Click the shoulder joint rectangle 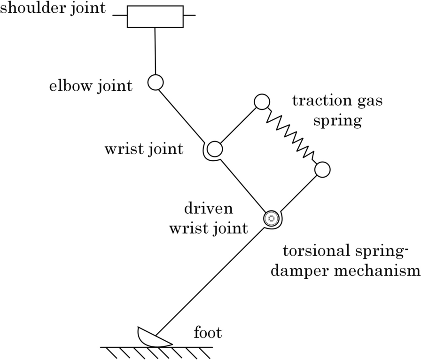[155, 16]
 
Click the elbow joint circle [155, 83]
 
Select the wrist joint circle [214, 149]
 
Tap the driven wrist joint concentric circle [271, 218]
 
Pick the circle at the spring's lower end [322, 170]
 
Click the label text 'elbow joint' [91, 86]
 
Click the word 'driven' [208, 209]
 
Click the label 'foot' [208, 334]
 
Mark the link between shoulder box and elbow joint [155, 52]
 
